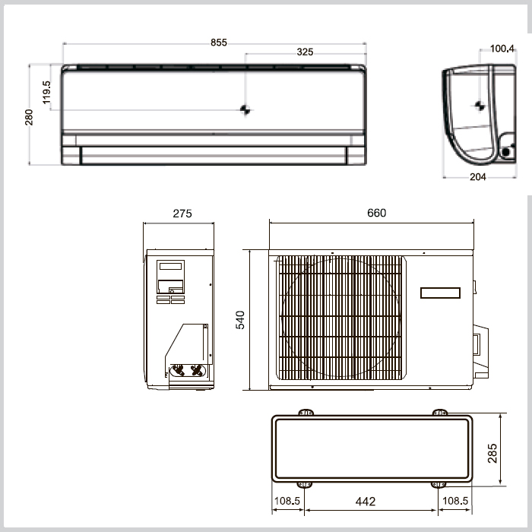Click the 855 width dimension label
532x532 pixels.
click(x=219, y=43)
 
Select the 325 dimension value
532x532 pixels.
click(x=305, y=52)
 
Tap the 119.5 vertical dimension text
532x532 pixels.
click(x=46, y=92)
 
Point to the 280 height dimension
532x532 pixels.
click(x=29, y=117)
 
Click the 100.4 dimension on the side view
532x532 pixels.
click(x=502, y=49)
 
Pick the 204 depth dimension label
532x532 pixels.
click(x=478, y=177)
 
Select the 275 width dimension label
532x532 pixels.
click(x=182, y=214)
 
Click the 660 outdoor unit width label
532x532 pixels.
click(x=377, y=213)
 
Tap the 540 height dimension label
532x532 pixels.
click(x=240, y=320)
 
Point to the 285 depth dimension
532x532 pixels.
click(x=492, y=453)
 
